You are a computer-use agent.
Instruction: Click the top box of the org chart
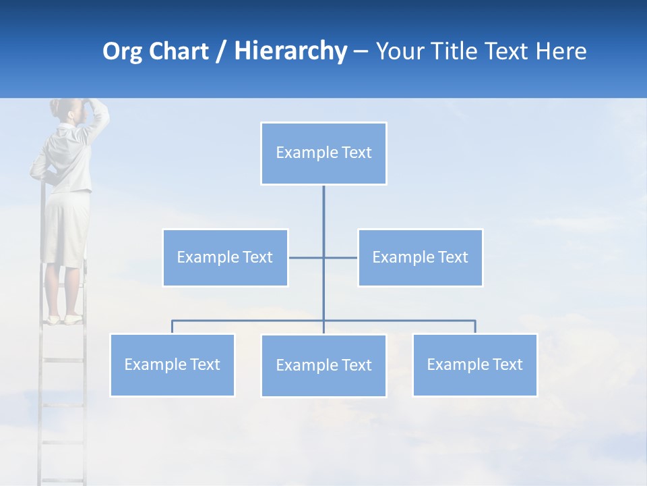tap(323, 153)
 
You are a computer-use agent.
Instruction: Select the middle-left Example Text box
tap(225, 257)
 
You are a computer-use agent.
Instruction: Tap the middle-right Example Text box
tap(420, 257)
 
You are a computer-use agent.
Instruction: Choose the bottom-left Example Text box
tap(172, 364)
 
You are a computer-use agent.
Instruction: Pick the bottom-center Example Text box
tap(323, 365)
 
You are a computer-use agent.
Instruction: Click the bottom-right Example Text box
tap(474, 364)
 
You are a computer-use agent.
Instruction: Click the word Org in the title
tap(121, 51)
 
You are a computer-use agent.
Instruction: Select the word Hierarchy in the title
tap(290, 51)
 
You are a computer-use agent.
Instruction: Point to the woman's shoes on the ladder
tap(64, 319)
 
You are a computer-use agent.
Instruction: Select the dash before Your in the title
tap(361, 52)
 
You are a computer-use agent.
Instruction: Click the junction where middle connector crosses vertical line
tap(323, 257)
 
